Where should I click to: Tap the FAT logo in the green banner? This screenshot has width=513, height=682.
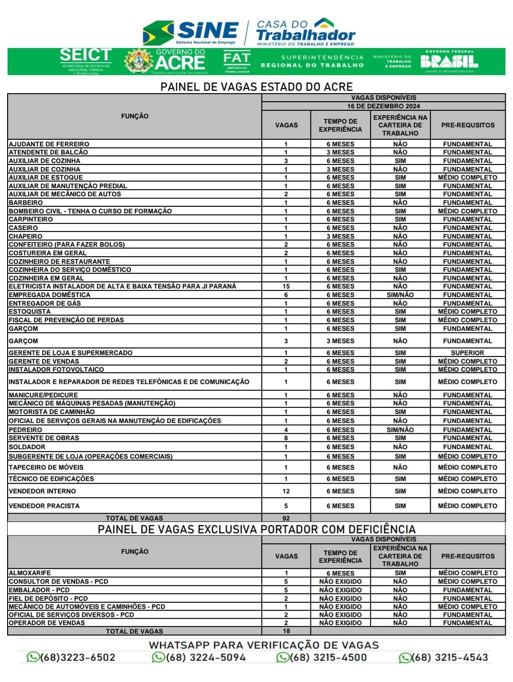[x=237, y=60]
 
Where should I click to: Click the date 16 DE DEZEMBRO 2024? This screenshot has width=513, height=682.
[x=383, y=106]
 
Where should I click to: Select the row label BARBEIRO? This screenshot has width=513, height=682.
[x=26, y=202]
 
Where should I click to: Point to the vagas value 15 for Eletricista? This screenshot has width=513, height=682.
[x=286, y=286]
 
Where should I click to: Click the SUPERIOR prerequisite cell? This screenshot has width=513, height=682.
[x=467, y=353]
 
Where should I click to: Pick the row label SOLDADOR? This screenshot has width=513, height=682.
[x=27, y=447]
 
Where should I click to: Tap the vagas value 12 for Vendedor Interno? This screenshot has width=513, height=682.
[x=286, y=491]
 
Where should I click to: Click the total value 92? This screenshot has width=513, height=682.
[x=286, y=518]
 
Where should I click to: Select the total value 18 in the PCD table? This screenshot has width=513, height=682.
[x=286, y=631]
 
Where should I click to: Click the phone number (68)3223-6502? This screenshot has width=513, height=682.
[x=71, y=657]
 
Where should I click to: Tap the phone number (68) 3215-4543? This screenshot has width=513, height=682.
[x=443, y=657]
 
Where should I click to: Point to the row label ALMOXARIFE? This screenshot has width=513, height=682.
[x=30, y=573]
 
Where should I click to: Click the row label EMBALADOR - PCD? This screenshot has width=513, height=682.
[x=39, y=590]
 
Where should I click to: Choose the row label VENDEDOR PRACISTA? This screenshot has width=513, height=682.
[x=44, y=506]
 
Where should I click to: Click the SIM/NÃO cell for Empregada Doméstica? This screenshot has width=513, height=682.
[x=400, y=295]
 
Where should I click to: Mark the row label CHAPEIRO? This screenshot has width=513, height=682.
[x=26, y=236]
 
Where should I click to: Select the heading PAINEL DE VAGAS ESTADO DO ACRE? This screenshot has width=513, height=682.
[x=256, y=87]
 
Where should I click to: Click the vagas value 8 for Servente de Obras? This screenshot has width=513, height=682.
[x=286, y=438]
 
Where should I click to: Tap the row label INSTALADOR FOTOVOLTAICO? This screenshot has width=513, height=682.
[x=56, y=369]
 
